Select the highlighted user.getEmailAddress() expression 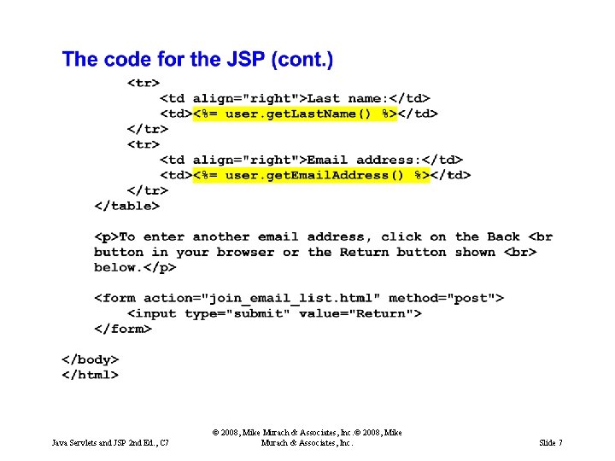pos(311,176)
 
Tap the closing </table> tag pos(126,206)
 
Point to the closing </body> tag pos(90,359)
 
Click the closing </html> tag pos(90,375)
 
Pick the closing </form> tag pos(123,329)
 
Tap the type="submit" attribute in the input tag pos(237,313)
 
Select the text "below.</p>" pos(135,268)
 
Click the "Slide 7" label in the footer pos(551,443)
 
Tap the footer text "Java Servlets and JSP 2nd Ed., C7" pos(111,443)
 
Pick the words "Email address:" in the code pos(364,160)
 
